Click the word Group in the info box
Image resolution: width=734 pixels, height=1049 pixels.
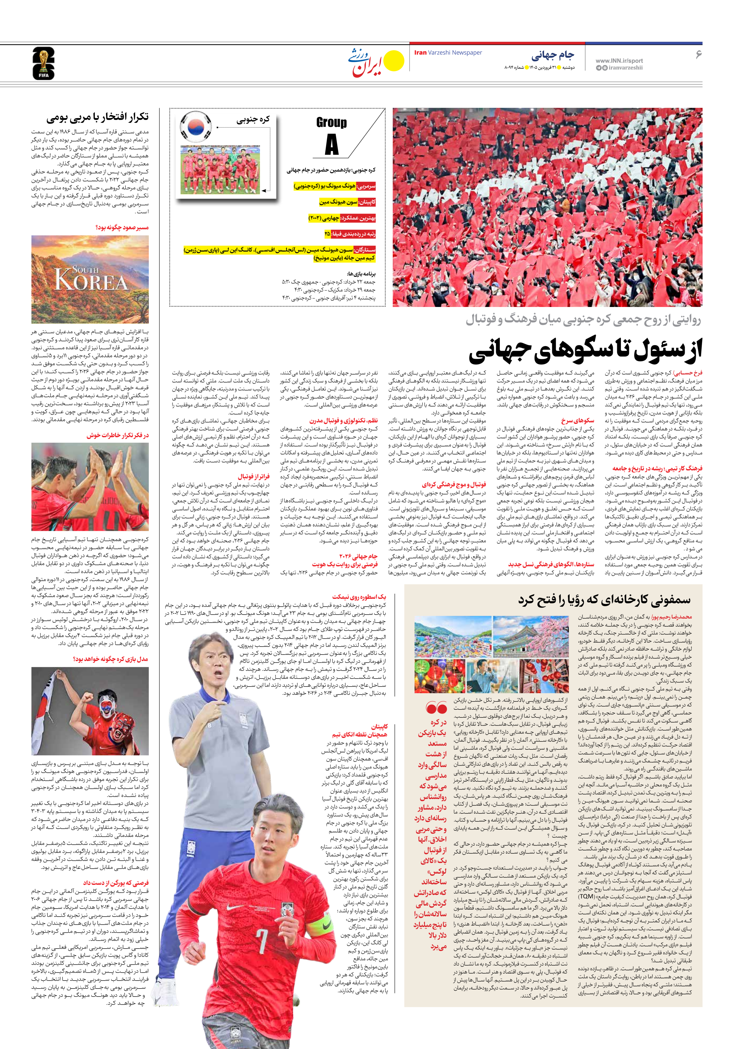[x=331, y=122]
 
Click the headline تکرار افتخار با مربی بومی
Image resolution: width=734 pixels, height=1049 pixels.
[x=97, y=118]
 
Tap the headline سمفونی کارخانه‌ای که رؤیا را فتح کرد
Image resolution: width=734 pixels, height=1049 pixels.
[x=604, y=600]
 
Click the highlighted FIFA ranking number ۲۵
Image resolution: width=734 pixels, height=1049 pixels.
[x=327, y=234]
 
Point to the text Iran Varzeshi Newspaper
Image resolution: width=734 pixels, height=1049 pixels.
[x=448, y=53]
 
